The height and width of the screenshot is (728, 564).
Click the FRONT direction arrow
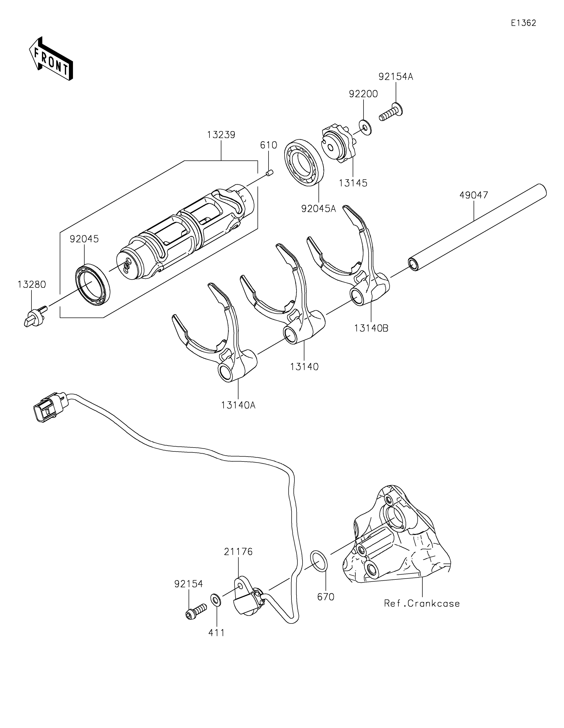pos(51,59)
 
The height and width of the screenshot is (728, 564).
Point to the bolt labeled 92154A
pos(391,113)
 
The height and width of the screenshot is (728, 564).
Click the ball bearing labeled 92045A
pos(304,163)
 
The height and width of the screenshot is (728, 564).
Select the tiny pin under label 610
pos(270,173)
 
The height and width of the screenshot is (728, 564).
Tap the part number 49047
pos(474,195)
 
